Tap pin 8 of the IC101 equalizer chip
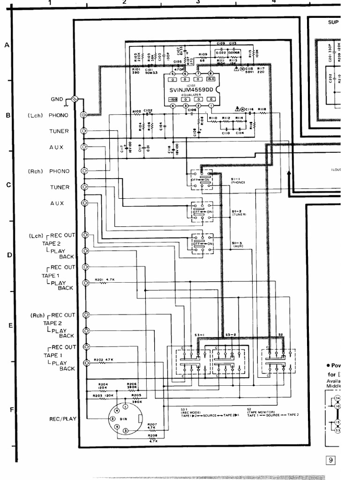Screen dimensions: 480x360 210,74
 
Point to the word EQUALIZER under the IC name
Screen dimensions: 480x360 191,95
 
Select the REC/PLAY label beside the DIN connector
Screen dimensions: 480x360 62,419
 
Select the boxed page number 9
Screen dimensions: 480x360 331,460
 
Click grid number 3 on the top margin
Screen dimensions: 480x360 198,2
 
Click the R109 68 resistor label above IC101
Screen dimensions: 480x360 203,58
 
